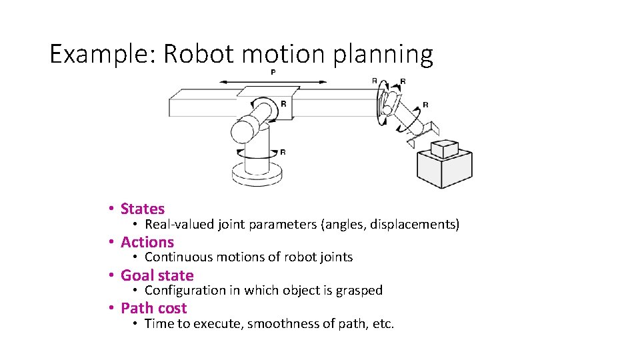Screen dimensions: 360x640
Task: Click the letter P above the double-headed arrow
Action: click(x=273, y=72)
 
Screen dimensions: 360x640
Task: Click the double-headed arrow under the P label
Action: click(x=273, y=82)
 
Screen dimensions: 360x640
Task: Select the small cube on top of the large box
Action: click(x=444, y=148)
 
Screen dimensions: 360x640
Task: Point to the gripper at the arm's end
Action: click(x=420, y=134)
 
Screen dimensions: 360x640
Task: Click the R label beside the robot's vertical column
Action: click(x=283, y=152)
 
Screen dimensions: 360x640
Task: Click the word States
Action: click(x=143, y=209)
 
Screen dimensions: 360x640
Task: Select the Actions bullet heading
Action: click(x=147, y=242)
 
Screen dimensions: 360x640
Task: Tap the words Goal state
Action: click(x=157, y=275)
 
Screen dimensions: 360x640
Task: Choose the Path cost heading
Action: click(x=154, y=308)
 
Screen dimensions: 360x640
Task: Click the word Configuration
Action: click(x=183, y=291)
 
